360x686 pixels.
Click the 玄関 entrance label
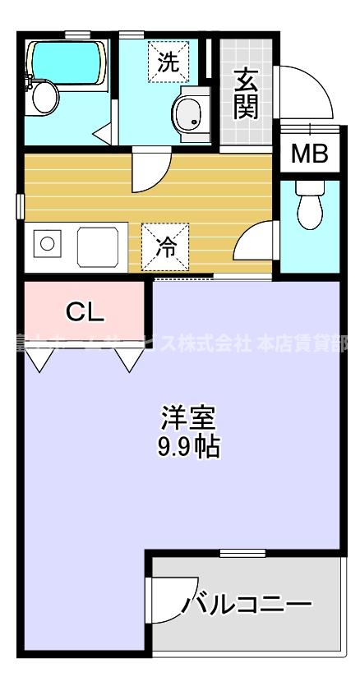[x=246, y=93]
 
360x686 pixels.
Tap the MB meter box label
[x=309, y=153]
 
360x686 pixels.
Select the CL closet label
[x=85, y=311]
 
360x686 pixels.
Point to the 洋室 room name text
[x=187, y=418]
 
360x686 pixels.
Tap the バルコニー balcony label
[x=247, y=606]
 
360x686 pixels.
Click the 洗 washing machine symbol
[x=168, y=62]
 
